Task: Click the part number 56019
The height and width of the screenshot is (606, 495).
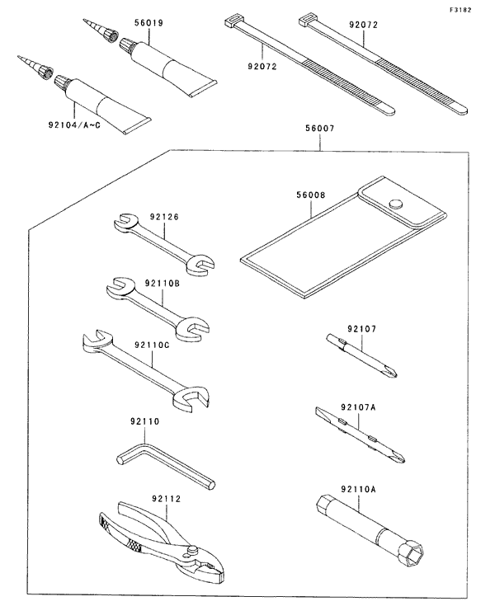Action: point(148,23)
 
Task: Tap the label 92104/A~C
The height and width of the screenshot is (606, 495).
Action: point(74,124)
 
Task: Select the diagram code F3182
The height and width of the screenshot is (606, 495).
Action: point(460,10)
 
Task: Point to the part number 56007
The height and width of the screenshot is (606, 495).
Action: point(320,129)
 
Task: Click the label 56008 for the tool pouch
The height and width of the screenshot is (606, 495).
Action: point(311,195)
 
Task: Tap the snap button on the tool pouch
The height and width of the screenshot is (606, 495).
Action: point(395,204)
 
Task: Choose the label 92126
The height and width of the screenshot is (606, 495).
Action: point(164,217)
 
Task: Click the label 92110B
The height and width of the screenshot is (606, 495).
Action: point(163,284)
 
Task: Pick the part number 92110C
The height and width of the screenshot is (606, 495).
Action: point(152,345)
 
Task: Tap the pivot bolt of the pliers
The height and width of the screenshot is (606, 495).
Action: point(192,549)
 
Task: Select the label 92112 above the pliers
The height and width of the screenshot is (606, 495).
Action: point(167,499)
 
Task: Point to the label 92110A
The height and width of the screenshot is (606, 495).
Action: point(359,489)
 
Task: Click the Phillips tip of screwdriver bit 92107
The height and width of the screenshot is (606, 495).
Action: point(392,373)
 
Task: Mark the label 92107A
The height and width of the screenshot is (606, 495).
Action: point(359,407)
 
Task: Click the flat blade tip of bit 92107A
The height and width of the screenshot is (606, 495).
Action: point(319,411)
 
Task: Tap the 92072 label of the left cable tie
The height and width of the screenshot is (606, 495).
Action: point(262,67)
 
